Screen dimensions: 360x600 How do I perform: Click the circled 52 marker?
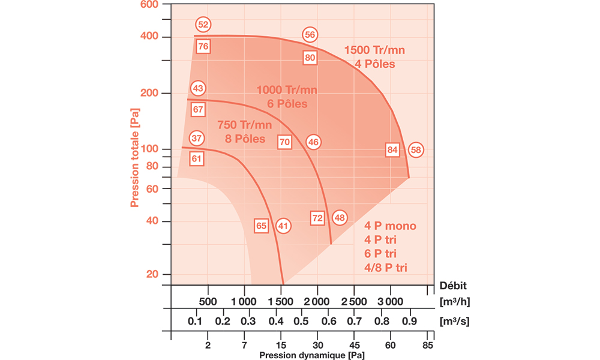coord(203,25)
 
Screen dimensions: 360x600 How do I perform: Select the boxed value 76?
coord(203,46)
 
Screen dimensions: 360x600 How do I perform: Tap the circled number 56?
coord(310,35)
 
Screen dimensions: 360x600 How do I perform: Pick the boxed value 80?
coord(310,58)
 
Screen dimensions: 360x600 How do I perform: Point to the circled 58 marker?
coord(416,149)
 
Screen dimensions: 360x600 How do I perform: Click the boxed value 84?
coord(393,149)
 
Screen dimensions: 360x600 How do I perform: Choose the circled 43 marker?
coord(198,88)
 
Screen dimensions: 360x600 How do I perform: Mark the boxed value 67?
coord(198,109)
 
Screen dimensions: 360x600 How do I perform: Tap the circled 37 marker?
coord(197,137)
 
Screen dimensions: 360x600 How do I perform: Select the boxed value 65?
coord(261,226)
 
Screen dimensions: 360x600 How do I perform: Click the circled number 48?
coord(340,218)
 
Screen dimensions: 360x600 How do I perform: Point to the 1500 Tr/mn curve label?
coord(374,50)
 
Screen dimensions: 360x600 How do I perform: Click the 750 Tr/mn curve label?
coord(244,125)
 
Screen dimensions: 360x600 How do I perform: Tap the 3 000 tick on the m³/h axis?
coord(390,300)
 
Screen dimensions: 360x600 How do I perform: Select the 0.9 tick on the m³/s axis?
coord(410,321)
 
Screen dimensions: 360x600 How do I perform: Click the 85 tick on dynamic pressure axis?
coord(428,345)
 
